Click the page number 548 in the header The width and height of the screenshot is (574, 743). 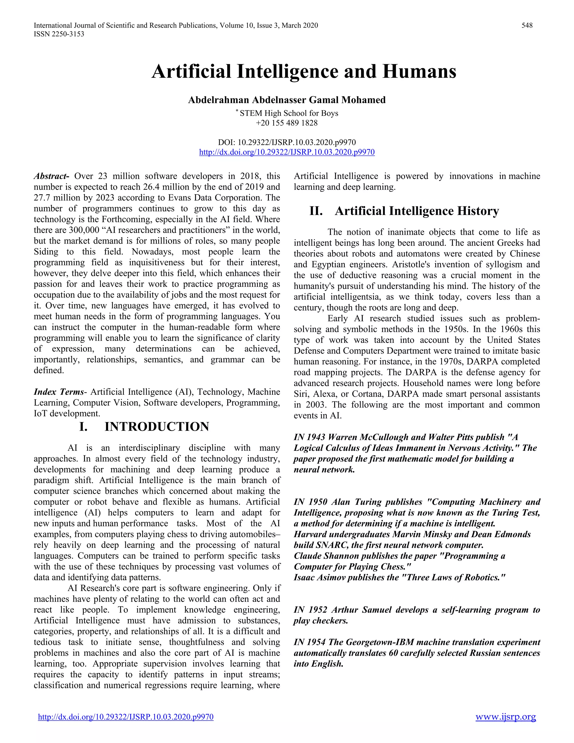pyautogui.click(x=527, y=25)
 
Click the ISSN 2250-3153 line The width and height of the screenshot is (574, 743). pyautogui.click(x=59, y=34)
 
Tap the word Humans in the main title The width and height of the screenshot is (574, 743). pyautogui.click(x=419, y=71)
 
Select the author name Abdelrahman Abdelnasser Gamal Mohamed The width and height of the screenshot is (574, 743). pyautogui.click(x=287, y=100)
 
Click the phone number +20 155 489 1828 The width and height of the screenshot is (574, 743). pyautogui.click(x=287, y=123)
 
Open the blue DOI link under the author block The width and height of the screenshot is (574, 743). pyautogui.click(x=287, y=152)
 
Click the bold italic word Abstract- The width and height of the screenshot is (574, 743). pyautogui.click(x=51, y=176)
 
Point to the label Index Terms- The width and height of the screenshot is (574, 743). pyautogui.click(x=60, y=392)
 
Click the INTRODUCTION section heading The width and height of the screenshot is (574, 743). pyautogui.click(x=156, y=427)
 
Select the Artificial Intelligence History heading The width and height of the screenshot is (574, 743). pyautogui.click(x=416, y=211)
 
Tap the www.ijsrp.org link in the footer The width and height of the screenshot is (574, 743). pyautogui.click(x=506, y=717)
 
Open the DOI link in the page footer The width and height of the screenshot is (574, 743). pyautogui.click(x=126, y=717)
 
